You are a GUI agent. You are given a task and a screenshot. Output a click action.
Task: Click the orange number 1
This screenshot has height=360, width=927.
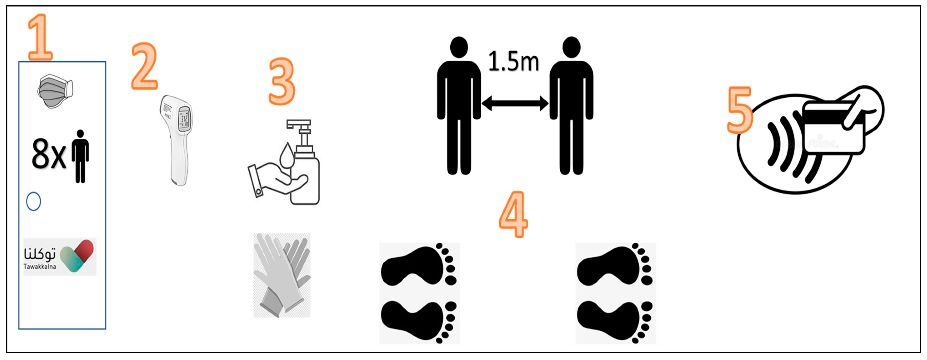[40, 38]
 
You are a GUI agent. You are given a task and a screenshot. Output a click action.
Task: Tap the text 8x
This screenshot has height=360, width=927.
[49, 154]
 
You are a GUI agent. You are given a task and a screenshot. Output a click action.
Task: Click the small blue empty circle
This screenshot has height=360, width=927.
[33, 201]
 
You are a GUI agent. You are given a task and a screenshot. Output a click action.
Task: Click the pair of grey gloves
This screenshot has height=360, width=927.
[282, 275]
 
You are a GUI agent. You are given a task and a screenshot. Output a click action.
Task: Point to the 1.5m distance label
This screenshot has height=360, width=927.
[514, 62]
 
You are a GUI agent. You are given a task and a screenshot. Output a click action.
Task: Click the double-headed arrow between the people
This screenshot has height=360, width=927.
[515, 104]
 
